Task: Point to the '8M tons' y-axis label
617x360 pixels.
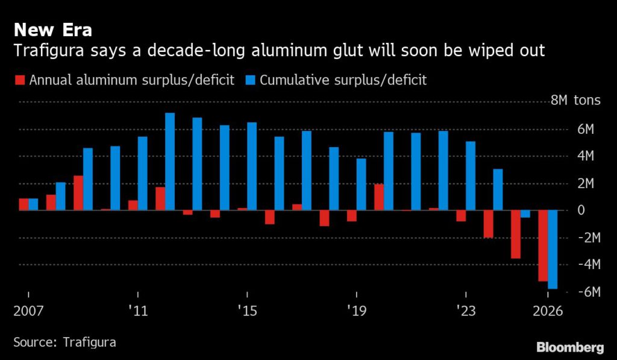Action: [575, 100]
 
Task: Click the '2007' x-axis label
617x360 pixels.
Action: [28, 312]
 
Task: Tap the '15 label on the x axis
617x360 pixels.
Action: [247, 312]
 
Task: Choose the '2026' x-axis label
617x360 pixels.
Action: [548, 312]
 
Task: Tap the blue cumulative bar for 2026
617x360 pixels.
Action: [553, 250]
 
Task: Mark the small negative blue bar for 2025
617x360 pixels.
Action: [525, 214]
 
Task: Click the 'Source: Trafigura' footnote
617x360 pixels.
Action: [64, 342]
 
